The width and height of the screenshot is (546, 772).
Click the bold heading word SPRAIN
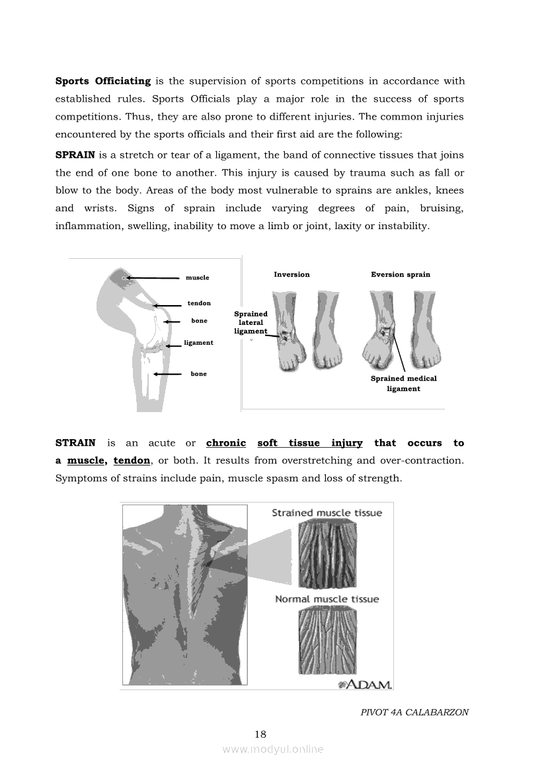point(75,155)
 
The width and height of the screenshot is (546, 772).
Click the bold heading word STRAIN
point(75,443)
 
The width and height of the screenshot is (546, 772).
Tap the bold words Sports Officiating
point(103,81)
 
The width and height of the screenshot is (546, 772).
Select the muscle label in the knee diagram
point(197,277)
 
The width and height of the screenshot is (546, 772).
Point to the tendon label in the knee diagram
point(199,303)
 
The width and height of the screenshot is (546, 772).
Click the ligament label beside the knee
point(198,343)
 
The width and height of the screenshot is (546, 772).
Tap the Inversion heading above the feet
point(292,274)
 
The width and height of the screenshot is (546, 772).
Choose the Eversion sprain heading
point(401,274)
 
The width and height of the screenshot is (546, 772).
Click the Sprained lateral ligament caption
point(251,322)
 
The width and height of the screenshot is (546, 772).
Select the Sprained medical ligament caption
point(403,384)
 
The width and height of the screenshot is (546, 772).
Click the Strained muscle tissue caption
point(327,513)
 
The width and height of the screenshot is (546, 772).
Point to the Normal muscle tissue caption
point(327,599)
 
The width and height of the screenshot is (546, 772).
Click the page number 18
point(260,734)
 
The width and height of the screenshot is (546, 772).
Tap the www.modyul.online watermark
point(273,749)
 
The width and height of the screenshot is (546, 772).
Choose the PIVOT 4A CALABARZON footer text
point(414,713)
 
